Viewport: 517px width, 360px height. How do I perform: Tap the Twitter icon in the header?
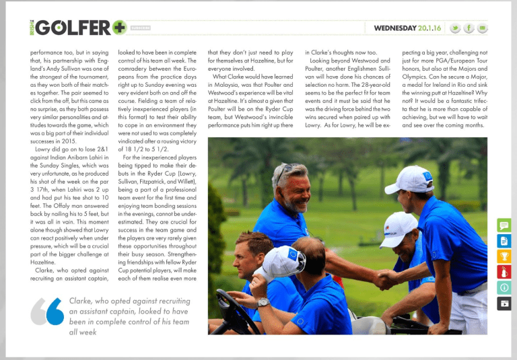[455, 28]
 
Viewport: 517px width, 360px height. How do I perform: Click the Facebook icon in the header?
[469, 28]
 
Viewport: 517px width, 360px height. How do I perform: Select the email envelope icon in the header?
[483, 28]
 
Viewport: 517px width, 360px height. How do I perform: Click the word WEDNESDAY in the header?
[395, 28]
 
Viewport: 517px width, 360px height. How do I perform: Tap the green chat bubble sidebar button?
[504, 225]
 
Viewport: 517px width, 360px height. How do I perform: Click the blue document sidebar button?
[504, 241]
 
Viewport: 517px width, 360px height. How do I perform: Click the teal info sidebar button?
[504, 287]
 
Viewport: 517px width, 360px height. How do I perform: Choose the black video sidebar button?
[504, 303]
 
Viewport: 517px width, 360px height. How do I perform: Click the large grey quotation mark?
[46, 310]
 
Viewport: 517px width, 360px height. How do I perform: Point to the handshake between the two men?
[386, 277]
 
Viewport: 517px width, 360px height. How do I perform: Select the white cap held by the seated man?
[277, 262]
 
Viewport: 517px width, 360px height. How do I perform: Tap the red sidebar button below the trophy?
[504, 272]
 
